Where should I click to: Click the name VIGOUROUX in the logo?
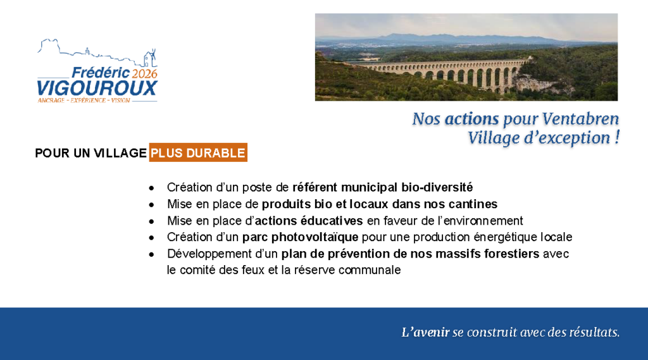[97, 89]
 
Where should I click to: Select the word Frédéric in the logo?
[101, 73]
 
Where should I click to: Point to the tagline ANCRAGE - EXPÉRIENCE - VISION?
[84, 101]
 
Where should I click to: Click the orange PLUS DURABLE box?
[198, 153]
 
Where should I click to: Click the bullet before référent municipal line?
[152, 188]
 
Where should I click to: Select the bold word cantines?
[473, 204]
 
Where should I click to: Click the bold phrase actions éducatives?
[309, 221]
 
